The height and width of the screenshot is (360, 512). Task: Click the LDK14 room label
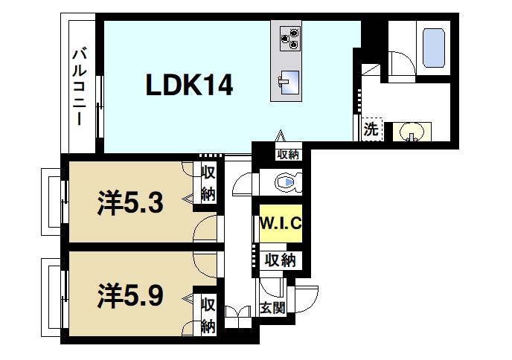(x=189, y=86)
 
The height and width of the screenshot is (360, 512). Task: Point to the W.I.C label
(x=280, y=222)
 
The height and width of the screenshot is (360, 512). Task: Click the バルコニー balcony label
(x=78, y=86)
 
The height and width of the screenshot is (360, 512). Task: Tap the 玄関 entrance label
(x=272, y=308)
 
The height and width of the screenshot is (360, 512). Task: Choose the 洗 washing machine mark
(x=371, y=129)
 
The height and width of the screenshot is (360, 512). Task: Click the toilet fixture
(x=286, y=181)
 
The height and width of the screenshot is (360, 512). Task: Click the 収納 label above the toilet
(x=287, y=154)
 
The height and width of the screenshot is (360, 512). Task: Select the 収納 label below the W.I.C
(x=281, y=260)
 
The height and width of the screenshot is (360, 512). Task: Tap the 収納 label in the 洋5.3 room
(x=208, y=184)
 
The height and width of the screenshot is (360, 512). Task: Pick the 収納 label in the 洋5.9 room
(x=208, y=315)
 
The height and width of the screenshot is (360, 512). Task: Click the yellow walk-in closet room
(x=280, y=231)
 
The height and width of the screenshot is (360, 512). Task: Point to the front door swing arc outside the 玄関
(x=308, y=298)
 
